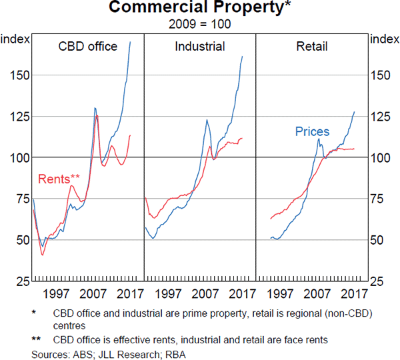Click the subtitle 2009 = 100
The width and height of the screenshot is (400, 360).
[200, 23]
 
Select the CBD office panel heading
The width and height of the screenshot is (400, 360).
[88, 47]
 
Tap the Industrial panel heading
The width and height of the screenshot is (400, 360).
[200, 47]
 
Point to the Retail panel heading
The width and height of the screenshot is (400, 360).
[312, 47]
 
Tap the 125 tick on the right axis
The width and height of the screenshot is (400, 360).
[382, 116]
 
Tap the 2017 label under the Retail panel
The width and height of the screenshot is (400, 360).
[353, 294]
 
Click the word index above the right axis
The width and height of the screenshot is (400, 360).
[385, 39]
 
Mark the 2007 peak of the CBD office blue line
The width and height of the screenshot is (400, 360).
[95, 108]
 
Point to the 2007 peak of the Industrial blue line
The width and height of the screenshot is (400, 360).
[207, 120]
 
